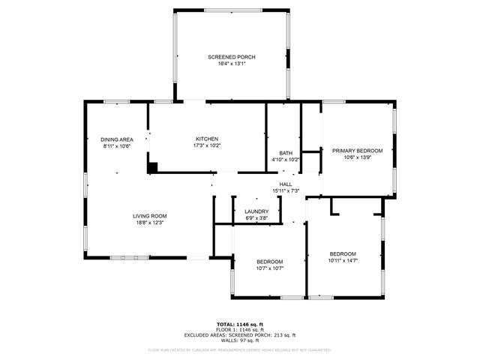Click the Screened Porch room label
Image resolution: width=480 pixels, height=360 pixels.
click(x=232, y=57)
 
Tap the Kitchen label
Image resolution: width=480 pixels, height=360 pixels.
click(x=207, y=139)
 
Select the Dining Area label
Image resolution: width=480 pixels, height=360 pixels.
click(x=117, y=139)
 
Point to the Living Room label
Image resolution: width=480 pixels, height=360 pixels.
click(x=149, y=216)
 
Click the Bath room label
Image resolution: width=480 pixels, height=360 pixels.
click(x=286, y=153)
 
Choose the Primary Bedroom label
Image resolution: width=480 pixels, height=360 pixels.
click(x=357, y=151)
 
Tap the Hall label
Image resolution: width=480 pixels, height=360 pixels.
click(x=286, y=184)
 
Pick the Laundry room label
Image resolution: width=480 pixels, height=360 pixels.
click(x=256, y=211)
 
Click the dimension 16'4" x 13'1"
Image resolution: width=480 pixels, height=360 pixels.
click(x=232, y=64)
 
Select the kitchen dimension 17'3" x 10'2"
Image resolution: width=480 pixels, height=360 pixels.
click(x=207, y=145)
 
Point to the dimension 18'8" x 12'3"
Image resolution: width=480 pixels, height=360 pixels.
click(x=149, y=223)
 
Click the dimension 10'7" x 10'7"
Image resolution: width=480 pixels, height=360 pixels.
click(x=269, y=268)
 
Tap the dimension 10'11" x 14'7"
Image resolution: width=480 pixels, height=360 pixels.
click(x=343, y=260)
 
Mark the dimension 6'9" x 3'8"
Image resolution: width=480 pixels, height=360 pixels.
click(x=256, y=218)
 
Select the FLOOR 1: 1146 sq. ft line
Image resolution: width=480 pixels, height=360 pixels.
click(x=241, y=330)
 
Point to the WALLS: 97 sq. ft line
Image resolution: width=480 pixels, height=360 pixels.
click(x=241, y=340)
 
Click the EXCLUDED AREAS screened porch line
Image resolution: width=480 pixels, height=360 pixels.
click(x=241, y=335)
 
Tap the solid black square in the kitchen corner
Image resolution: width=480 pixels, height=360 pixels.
click(x=152, y=168)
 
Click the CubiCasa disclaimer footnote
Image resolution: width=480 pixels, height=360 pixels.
click(x=240, y=349)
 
